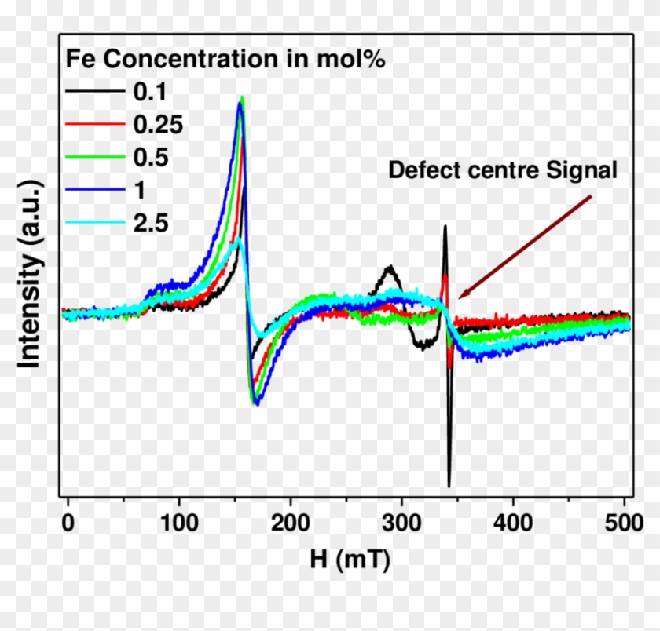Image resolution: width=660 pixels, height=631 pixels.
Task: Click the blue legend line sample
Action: pos(93,191)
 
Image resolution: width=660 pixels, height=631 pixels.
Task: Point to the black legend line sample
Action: pos(93,92)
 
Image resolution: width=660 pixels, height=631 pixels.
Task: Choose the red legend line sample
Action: pos(93,125)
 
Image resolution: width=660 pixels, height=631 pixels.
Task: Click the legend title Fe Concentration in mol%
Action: pos(225,59)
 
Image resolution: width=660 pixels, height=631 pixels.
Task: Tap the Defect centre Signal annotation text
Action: pos(503,170)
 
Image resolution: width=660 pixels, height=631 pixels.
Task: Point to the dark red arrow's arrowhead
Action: pos(461,295)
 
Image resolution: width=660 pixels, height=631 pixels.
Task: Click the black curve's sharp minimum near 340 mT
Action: pos(449,485)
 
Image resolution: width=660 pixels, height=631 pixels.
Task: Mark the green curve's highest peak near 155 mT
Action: pos(242,97)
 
